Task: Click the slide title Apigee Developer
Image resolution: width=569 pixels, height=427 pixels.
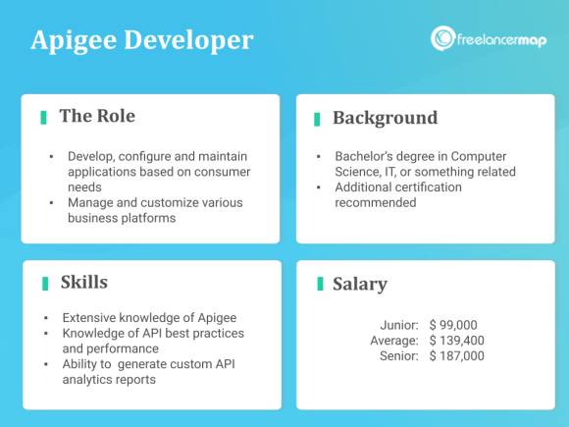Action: [x=141, y=41]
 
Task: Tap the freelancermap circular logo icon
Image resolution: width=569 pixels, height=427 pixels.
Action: [x=442, y=39]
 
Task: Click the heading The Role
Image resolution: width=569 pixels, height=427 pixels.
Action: [x=97, y=117]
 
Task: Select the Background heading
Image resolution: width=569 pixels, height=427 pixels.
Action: [x=385, y=119]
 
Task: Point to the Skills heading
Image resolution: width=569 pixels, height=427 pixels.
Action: [x=83, y=284]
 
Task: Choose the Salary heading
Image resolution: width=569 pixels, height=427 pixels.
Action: [x=360, y=285]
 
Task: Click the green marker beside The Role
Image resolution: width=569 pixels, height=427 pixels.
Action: [x=44, y=118]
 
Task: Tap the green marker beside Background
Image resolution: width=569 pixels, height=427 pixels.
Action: [x=317, y=119]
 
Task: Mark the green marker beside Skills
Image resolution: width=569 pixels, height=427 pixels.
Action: [x=45, y=284]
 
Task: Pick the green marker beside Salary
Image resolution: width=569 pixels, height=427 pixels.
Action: [x=320, y=285]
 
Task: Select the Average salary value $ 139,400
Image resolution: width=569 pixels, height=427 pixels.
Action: [x=457, y=341]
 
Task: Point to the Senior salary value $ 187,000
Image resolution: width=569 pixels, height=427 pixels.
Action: [x=457, y=356]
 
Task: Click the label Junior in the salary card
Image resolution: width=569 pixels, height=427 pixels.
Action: [x=399, y=325]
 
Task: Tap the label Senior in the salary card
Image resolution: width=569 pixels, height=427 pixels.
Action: [x=399, y=356]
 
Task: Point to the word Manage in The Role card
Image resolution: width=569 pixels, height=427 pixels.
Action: [x=91, y=202]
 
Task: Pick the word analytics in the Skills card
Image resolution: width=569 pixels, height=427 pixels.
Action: [x=91, y=380]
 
